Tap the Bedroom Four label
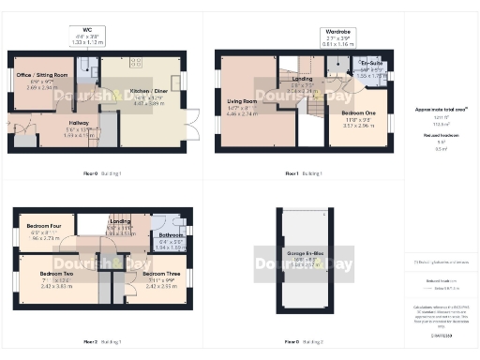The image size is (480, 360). tap(44, 227)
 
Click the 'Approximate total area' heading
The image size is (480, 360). tap(435, 110)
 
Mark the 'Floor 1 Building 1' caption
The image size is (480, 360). tap(304, 174)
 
